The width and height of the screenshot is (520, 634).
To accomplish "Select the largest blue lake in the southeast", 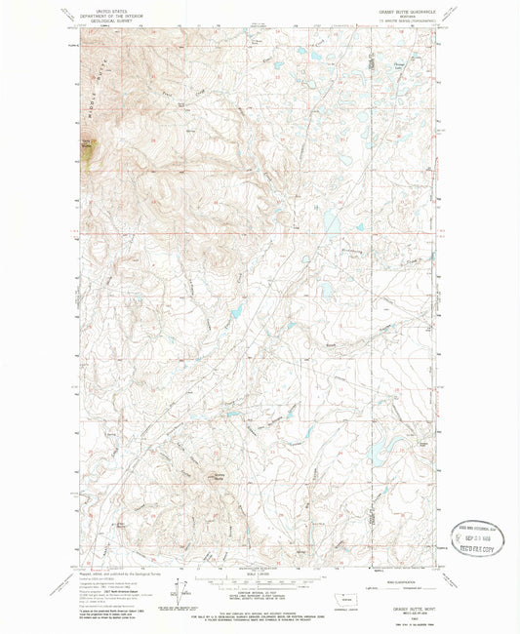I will point(378,451).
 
